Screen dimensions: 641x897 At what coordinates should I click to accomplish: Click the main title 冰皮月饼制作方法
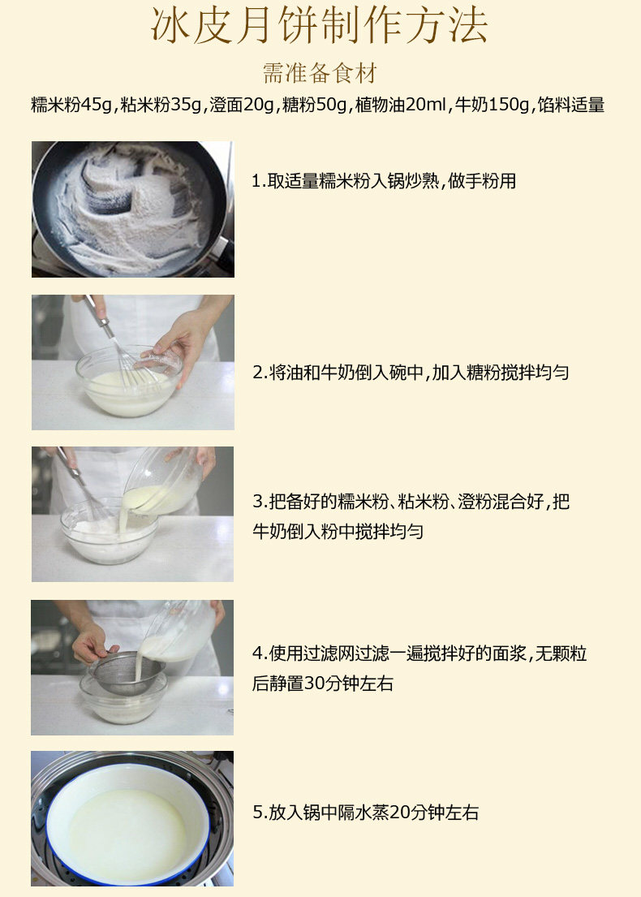(x=320, y=26)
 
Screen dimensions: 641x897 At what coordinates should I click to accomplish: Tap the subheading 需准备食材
(x=320, y=73)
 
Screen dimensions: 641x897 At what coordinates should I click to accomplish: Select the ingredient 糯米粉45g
(x=72, y=106)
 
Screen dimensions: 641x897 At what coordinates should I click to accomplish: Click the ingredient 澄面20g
(x=242, y=106)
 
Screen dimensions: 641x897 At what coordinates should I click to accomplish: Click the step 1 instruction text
(x=384, y=181)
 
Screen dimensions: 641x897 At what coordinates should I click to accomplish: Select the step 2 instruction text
(x=411, y=373)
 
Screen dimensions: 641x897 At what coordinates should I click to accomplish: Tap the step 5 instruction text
(x=365, y=813)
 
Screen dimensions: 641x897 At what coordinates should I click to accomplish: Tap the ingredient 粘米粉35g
(x=161, y=106)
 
